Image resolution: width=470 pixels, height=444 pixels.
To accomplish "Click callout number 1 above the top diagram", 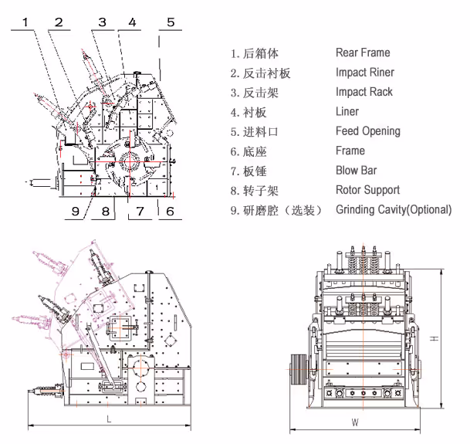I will (x=26, y=22).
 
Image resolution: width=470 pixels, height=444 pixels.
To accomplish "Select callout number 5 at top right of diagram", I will (x=171, y=22).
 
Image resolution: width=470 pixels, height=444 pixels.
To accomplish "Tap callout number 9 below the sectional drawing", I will (x=76, y=210).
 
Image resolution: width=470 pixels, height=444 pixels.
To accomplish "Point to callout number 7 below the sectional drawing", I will (x=140, y=210).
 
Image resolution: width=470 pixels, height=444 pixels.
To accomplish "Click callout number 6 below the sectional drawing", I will (x=169, y=210).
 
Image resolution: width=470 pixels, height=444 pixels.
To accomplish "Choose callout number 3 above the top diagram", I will (x=102, y=22).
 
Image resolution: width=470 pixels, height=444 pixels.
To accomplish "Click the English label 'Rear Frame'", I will (x=363, y=53).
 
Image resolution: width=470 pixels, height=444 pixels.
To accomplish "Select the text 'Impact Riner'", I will (x=364, y=73).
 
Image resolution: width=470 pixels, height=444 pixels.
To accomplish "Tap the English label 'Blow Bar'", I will (x=357, y=171).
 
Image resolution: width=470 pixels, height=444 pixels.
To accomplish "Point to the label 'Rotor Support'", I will (x=367, y=190).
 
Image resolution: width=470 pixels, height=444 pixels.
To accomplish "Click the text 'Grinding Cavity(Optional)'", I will (x=394, y=210).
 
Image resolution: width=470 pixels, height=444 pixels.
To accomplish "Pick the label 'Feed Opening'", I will (x=367, y=131).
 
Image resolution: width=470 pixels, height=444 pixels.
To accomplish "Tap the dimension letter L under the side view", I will (x=108, y=419).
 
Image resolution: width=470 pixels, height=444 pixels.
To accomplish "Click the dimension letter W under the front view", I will (x=354, y=422).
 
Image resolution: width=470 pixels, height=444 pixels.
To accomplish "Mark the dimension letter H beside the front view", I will (x=435, y=339).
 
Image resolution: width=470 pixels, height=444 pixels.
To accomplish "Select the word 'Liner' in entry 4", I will (x=347, y=112).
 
